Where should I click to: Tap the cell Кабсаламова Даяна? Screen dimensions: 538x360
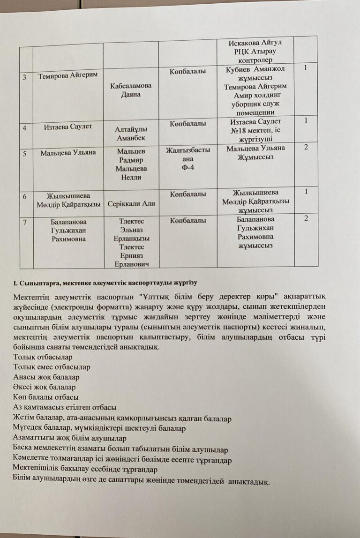pos(131,90)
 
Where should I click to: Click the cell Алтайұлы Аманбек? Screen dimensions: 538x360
pos(131,133)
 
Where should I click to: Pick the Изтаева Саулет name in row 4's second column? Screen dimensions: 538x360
pos(68,126)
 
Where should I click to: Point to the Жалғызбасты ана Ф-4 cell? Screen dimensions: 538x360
pos(187,159)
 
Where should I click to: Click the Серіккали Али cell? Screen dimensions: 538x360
pos(131,204)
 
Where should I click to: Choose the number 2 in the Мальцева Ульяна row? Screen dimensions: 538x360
pos(306,148)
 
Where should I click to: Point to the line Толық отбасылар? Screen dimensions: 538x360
pos(43,357)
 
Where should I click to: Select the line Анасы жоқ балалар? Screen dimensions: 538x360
pos(46,377)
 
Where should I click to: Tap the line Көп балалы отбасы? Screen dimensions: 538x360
pos(46,397)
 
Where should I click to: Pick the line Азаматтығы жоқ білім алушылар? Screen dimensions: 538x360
pos(70,438)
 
